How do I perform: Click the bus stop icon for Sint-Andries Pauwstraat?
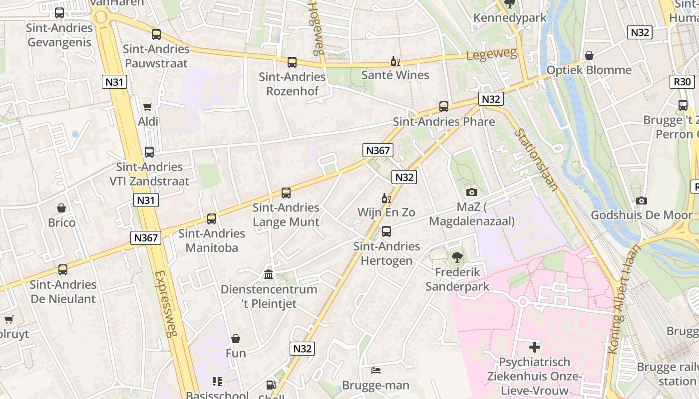tap(156, 34)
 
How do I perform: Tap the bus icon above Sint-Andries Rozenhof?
tap(292, 62)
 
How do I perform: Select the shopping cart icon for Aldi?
tap(148, 107)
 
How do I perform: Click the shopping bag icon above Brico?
tap(61, 208)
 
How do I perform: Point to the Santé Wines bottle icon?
tap(395, 61)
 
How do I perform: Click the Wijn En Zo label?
tap(386, 212)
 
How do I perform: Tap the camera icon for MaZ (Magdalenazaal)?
tap(471, 192)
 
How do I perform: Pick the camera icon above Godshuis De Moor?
tap(642, 200)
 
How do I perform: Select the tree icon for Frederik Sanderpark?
tap(457, 257)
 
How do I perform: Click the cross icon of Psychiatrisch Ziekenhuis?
tap(535, 347)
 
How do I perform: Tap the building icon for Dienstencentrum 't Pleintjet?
tap(269, 274)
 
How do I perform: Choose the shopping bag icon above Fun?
tap(236, 339)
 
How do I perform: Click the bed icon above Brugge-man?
tap(376, 370)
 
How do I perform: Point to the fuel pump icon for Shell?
tap(271, 385)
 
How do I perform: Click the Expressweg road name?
tap(166, 304)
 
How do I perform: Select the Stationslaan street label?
tap(536, 160)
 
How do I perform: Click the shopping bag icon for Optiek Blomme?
tap(589, 55)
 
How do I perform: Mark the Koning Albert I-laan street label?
tap(622, 299)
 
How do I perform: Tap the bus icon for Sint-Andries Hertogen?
tap(386, 231)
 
